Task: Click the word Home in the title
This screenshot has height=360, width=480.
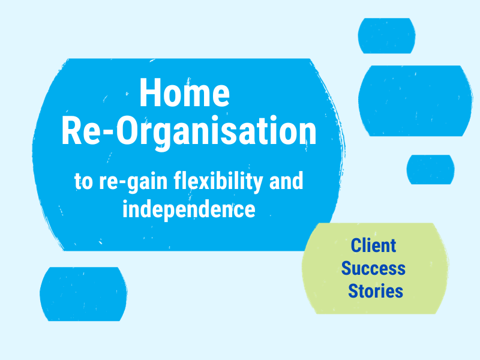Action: (184, 94)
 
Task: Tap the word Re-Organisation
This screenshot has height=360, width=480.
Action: (188, 132)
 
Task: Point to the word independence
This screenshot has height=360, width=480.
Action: (189, 210)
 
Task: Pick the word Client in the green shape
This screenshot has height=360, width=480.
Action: (373, 245)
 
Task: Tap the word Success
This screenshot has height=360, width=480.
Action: (373, 268)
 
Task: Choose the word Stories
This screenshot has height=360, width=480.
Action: (376, 291)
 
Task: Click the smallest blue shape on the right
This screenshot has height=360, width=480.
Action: (430, 169)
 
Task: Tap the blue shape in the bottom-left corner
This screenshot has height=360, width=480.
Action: (83, 294)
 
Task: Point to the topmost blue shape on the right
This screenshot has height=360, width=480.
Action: (386, 36)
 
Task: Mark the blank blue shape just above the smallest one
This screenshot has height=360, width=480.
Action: (415, 100)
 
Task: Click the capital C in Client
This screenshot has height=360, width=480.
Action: (355, 245)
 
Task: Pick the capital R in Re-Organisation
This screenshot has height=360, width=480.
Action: (73, 132)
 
